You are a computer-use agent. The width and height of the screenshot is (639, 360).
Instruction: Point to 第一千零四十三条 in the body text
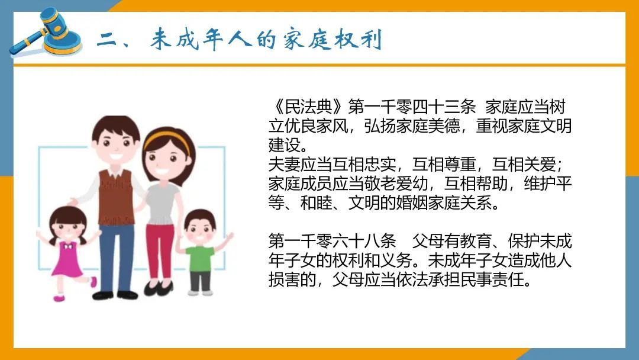pyautogui.click(x=412, y=107)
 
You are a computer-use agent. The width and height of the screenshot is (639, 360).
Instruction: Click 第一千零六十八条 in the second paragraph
pyautogui.click(x=332, y=242)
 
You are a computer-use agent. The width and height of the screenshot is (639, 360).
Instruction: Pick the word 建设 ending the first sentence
pyautogui.click(x=285, y=144)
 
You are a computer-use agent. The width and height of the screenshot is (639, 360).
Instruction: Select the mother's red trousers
pyautogui.click(x=159, y=250)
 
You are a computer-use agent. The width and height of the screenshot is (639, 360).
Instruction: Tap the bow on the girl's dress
pyautogui.click(x=69, y=246)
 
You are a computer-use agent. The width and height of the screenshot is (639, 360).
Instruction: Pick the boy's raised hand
pyautogui.click(x=230, y=236)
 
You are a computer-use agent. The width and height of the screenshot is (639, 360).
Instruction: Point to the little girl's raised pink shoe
pyautogui.click(x=93, y=282)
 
